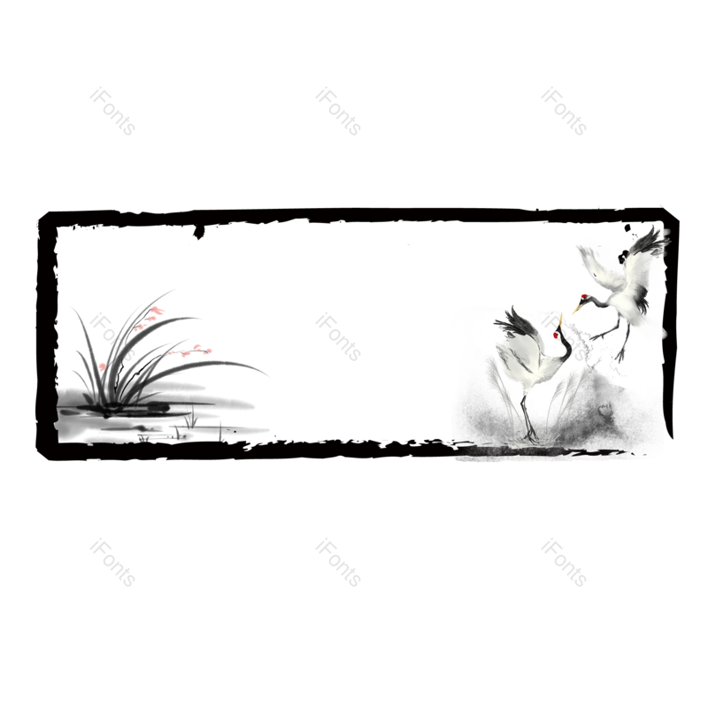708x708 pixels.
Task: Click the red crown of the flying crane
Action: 584,296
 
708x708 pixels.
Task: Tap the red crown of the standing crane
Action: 556,335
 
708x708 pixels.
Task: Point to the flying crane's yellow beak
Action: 577,309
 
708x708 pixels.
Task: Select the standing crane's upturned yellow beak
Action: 560,319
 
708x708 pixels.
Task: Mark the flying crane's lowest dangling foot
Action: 620,358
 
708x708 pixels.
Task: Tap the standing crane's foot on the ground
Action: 532,437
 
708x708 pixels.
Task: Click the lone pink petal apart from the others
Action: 102,366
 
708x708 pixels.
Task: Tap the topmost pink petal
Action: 157,310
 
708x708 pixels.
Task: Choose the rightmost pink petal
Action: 209,350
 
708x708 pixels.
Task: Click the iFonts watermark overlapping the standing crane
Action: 564,337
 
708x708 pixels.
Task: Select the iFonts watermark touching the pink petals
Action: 112,337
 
